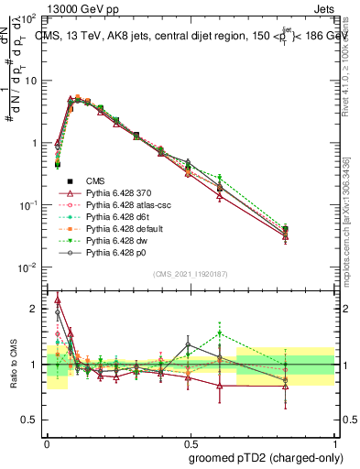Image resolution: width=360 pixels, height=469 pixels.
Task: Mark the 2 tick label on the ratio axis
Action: [36, 309]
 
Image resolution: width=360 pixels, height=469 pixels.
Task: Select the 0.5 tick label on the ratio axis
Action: [32, 420]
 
